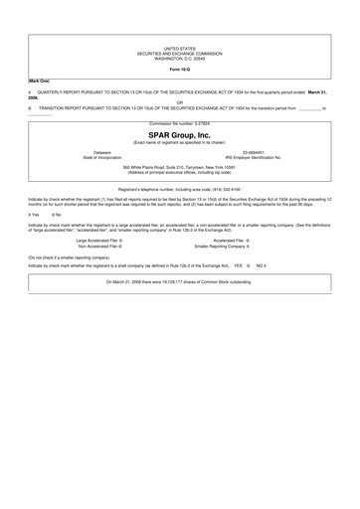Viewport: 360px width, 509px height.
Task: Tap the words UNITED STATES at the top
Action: click(x=180, y=47)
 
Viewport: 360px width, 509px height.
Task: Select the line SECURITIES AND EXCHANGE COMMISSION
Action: click(x=180, y=52)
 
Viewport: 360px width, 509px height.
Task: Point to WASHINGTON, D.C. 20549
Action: click(x=180, y=57)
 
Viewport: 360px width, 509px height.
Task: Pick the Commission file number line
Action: click(x=180, y=123)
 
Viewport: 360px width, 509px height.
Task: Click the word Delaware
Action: click(x=102, y=152)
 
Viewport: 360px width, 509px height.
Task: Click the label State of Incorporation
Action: click(x=102, y=158)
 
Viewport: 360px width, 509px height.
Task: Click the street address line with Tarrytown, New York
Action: click(x=180, y=167)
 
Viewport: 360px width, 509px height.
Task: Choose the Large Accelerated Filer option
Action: click(x=99, y=240)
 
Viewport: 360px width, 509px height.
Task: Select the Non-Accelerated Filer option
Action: click(x=99, y=246)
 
